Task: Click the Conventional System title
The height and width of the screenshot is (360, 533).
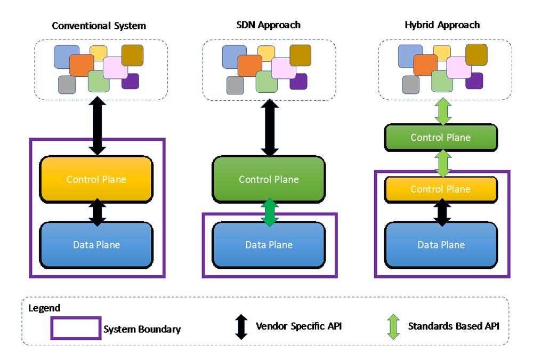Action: point(99,26)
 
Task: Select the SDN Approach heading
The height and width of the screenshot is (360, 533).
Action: point(269,25)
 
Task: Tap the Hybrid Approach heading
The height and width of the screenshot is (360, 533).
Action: point(441,25)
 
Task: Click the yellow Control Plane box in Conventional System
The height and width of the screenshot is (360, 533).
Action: point(96,179)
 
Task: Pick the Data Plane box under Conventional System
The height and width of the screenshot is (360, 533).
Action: point(96,245)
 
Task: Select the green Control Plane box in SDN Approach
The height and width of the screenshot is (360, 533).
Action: point(269,179)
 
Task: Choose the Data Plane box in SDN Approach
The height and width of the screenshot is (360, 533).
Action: point(269,245)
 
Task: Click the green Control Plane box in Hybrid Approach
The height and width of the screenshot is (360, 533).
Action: point(441,138)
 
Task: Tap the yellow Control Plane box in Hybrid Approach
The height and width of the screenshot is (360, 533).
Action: point(441,189)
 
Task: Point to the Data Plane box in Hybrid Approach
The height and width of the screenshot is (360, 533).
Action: point(441,245)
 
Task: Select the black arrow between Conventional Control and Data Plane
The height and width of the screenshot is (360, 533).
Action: point(97,212)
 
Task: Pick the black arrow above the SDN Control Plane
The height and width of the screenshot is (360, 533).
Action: point(269,127)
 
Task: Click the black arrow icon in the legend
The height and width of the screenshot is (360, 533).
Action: point(241,326)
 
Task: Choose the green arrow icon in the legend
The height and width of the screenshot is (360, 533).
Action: point(393,326)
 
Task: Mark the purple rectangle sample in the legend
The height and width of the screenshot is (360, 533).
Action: point(76,328)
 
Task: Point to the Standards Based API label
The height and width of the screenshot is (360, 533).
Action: point(454,326)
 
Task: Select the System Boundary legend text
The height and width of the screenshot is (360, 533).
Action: point(142,329)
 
